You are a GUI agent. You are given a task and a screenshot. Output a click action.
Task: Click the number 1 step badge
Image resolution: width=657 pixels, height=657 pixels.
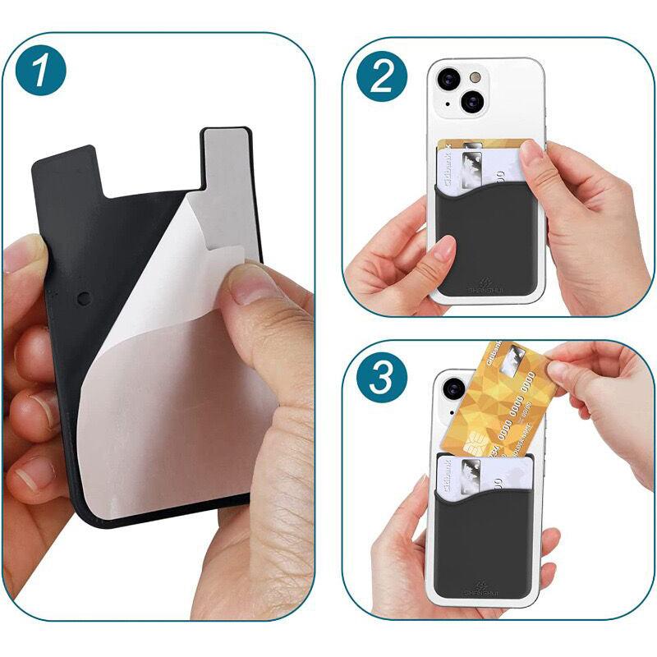[50, 71]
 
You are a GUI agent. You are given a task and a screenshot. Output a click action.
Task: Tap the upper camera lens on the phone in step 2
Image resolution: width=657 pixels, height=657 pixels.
[450, 80]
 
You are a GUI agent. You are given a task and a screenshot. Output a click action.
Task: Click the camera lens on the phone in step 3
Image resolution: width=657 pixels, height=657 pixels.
[454, 388]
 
